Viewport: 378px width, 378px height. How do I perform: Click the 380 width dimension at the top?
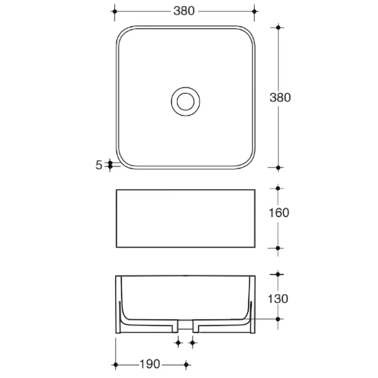coord(184,11)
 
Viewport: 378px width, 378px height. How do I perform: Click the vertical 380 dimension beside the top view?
coord(280,98)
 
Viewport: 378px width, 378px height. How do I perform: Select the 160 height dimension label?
coord(279,213)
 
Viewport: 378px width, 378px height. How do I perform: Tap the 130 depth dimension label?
coord(278,299)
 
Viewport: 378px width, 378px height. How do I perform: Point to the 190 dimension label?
coord(150,364)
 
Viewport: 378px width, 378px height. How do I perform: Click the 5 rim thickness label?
coord(99,165)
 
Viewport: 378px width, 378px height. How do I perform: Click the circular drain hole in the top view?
coord(186,102)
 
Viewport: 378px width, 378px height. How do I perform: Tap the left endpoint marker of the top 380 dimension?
coord(115,11)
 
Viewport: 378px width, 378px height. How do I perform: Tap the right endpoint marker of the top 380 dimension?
coord(254,11)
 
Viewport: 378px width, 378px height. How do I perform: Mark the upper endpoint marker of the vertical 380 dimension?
coord(278,27)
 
